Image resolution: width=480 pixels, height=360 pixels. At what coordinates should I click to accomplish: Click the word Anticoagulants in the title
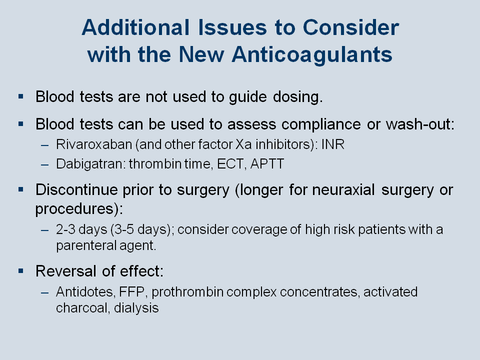pos(312,54)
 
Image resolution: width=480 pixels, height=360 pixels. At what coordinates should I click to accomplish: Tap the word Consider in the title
pos(351,27)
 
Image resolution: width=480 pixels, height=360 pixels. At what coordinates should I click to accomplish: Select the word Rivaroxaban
pos(94,144)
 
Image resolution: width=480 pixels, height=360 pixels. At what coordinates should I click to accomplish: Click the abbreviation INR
pos(333,144)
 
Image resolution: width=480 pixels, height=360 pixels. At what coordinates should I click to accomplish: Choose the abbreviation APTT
pos(267,164)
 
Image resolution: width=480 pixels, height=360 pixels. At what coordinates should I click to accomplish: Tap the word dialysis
pos(136,308)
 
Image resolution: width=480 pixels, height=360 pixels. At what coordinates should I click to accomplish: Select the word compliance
pos(321,124)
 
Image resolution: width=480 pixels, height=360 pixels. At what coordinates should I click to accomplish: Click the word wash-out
pos(420,124)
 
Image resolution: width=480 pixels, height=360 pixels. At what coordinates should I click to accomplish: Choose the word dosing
pos(298,96)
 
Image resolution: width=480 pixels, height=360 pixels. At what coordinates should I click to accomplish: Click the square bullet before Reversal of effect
pos(21,271)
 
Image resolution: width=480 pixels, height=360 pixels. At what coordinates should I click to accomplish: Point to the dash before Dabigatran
pos(44,164)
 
